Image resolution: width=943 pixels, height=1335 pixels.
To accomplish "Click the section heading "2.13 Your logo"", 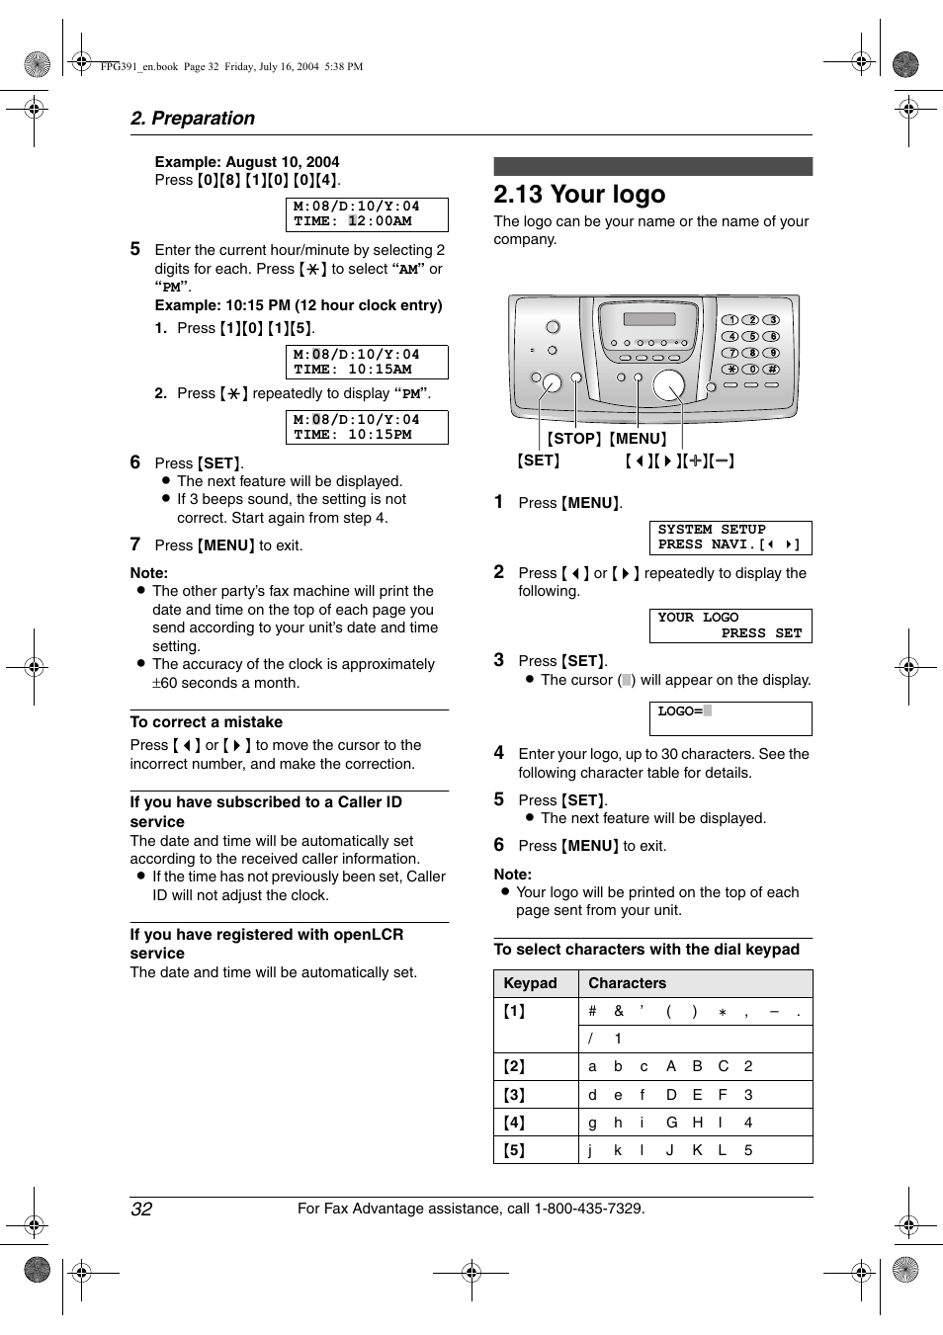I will [579, 195].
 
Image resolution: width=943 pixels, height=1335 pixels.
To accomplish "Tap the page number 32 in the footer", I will [141, 1209].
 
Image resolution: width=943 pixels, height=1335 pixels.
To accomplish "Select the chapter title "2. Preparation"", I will [193, 119].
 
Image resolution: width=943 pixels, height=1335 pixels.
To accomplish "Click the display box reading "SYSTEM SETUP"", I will [729, 538].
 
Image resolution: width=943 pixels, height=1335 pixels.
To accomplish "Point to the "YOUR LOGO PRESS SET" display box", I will [729, 626].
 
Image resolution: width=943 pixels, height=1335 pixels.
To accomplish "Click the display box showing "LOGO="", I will [729, 718].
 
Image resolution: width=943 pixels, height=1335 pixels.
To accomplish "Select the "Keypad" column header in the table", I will [531, 983].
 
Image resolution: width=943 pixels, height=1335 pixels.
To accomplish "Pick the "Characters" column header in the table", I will [627, 983].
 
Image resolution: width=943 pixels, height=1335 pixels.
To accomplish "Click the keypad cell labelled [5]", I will [515, 1150].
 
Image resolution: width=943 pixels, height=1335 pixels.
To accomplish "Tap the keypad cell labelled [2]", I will [515, 1066].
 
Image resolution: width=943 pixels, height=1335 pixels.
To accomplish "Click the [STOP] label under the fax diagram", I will [574, 439].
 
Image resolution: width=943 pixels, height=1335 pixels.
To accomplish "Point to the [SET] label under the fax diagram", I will [539, 460].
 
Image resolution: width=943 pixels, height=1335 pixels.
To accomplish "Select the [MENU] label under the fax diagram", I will [638, 439].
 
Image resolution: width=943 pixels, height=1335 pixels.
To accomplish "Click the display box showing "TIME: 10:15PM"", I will [367, 427].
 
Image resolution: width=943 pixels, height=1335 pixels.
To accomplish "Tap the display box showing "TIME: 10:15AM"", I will [367, 362].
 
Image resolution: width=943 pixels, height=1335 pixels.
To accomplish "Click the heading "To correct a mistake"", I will [207, 722].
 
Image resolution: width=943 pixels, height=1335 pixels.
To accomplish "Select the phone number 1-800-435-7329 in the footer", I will [588, 1209].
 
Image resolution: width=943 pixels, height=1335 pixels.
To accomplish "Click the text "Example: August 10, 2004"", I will [247, 162].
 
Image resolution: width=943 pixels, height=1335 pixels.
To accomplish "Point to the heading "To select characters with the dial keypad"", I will [646, 950].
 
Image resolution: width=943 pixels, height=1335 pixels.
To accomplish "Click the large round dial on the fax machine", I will [669, 384].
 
